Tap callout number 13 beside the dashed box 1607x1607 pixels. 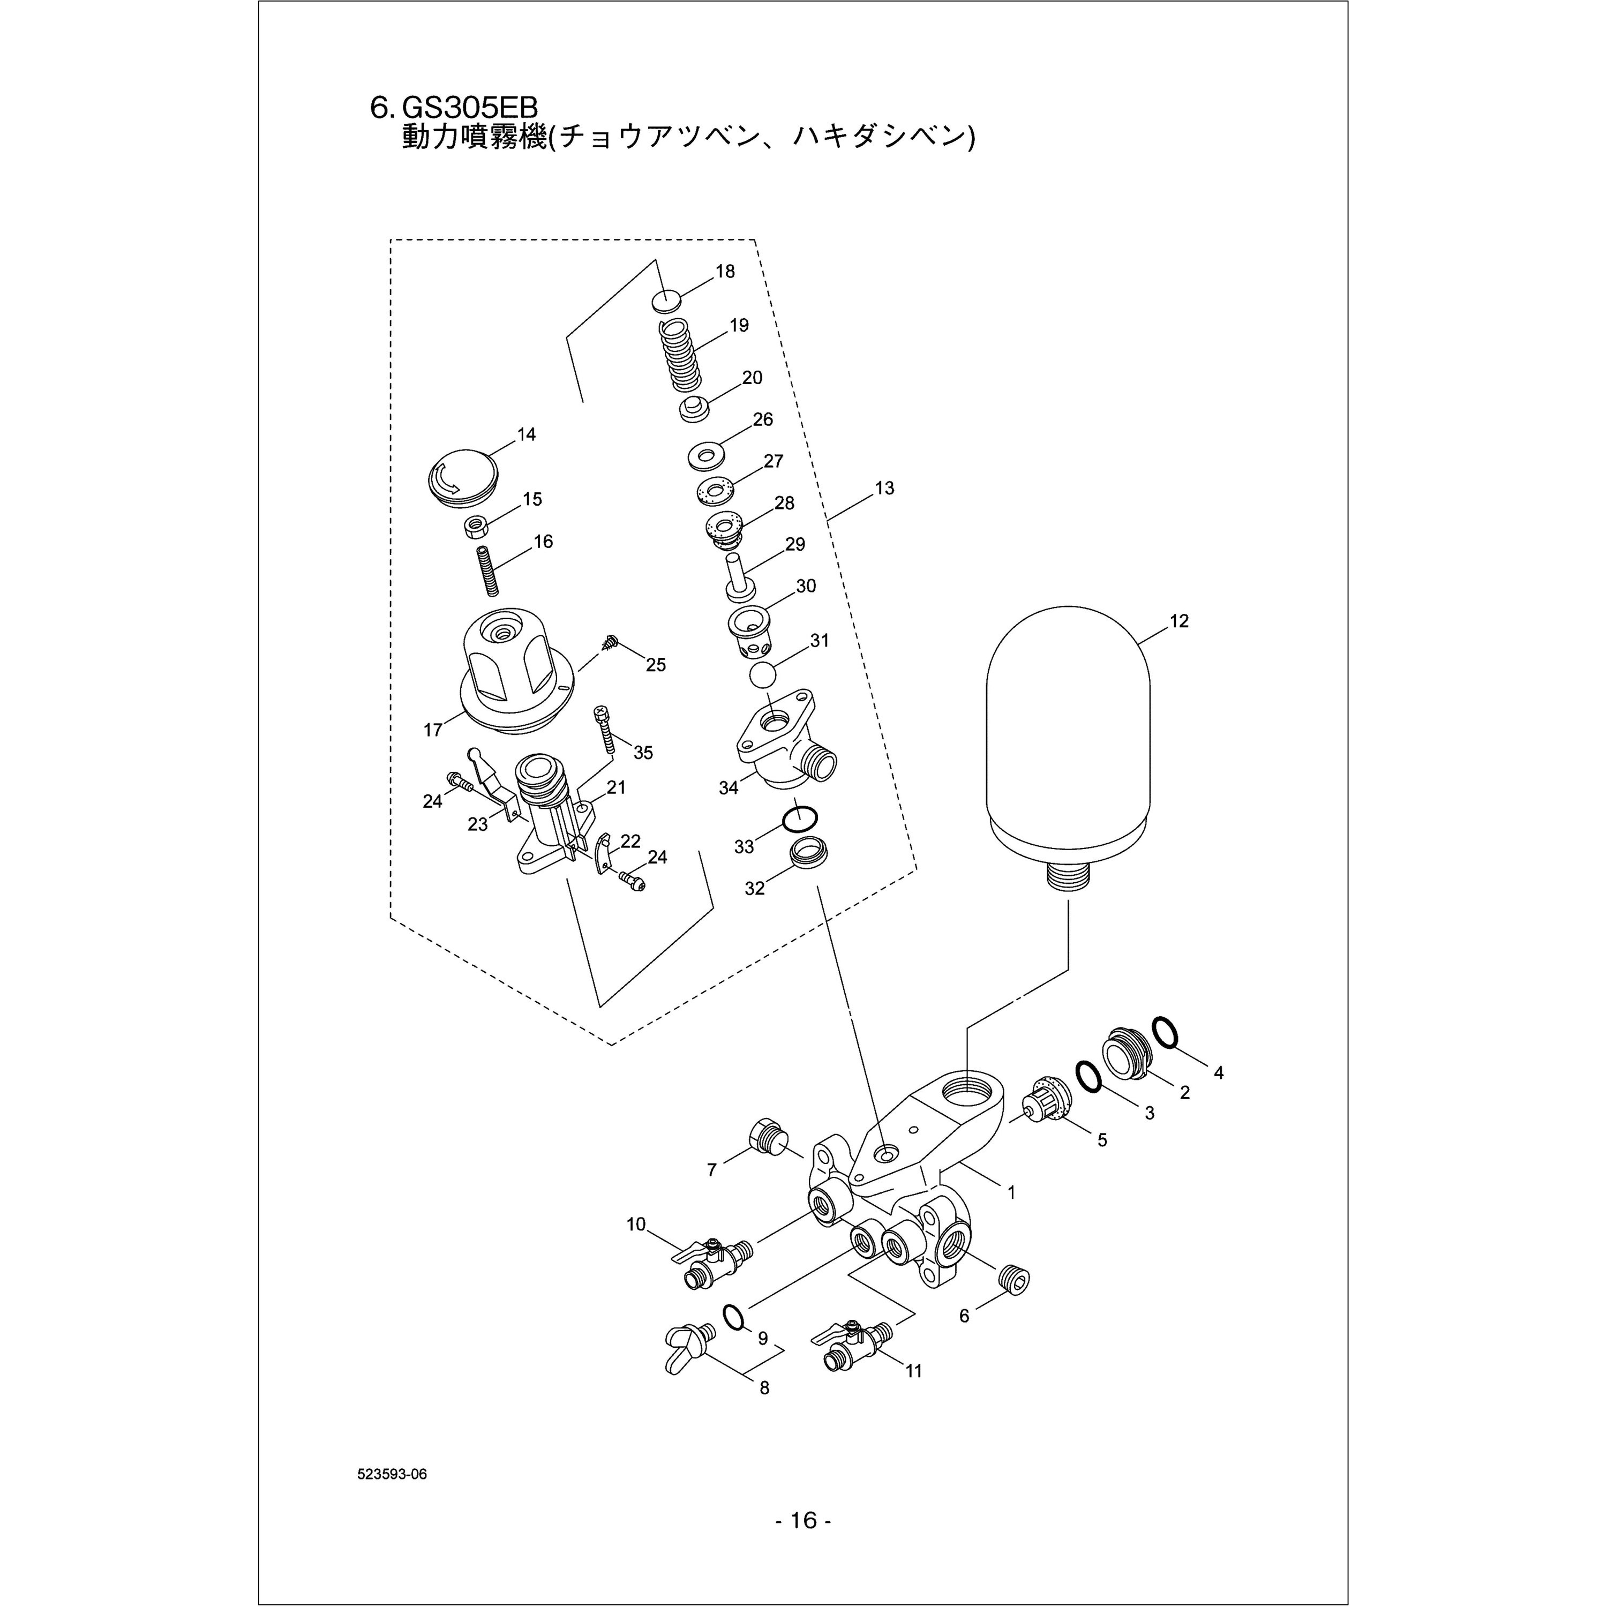click(884, 488)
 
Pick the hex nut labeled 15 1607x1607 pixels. click(476, 527)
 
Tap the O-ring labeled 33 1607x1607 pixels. click(799, 818)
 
